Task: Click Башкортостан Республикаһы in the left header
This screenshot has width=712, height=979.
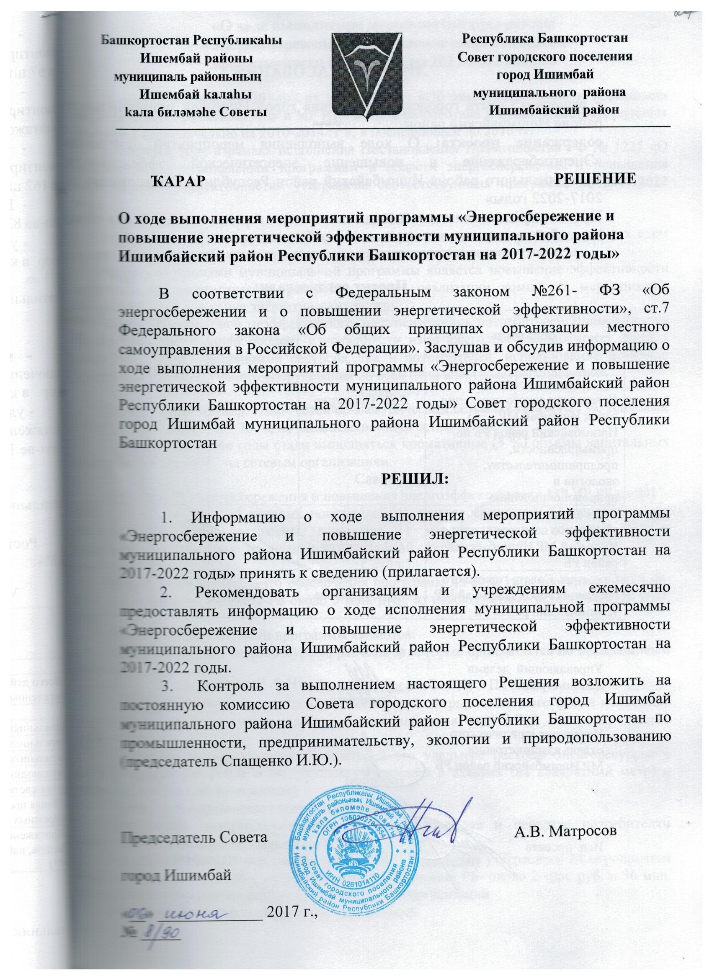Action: (x=191, y=40)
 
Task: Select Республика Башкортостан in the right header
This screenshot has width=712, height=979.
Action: (x=544, y=39)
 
